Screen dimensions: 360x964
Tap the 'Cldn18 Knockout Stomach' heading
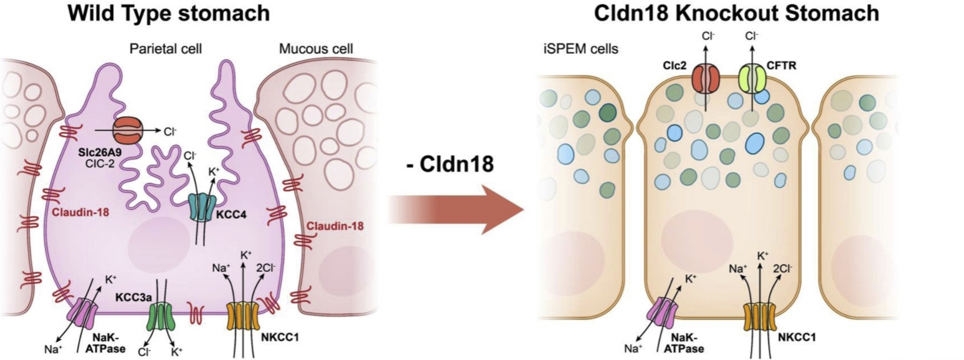tap(736, 13)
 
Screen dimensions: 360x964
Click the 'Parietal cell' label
tap(165, 49)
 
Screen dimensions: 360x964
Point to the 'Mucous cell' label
tap(316, 49)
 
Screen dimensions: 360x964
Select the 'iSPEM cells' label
tap(578, 49)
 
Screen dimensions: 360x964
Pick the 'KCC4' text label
tap(231, 215)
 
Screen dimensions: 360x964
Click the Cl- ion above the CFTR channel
tap(752, 36)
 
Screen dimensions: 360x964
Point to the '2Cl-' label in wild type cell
tap(266, 267)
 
